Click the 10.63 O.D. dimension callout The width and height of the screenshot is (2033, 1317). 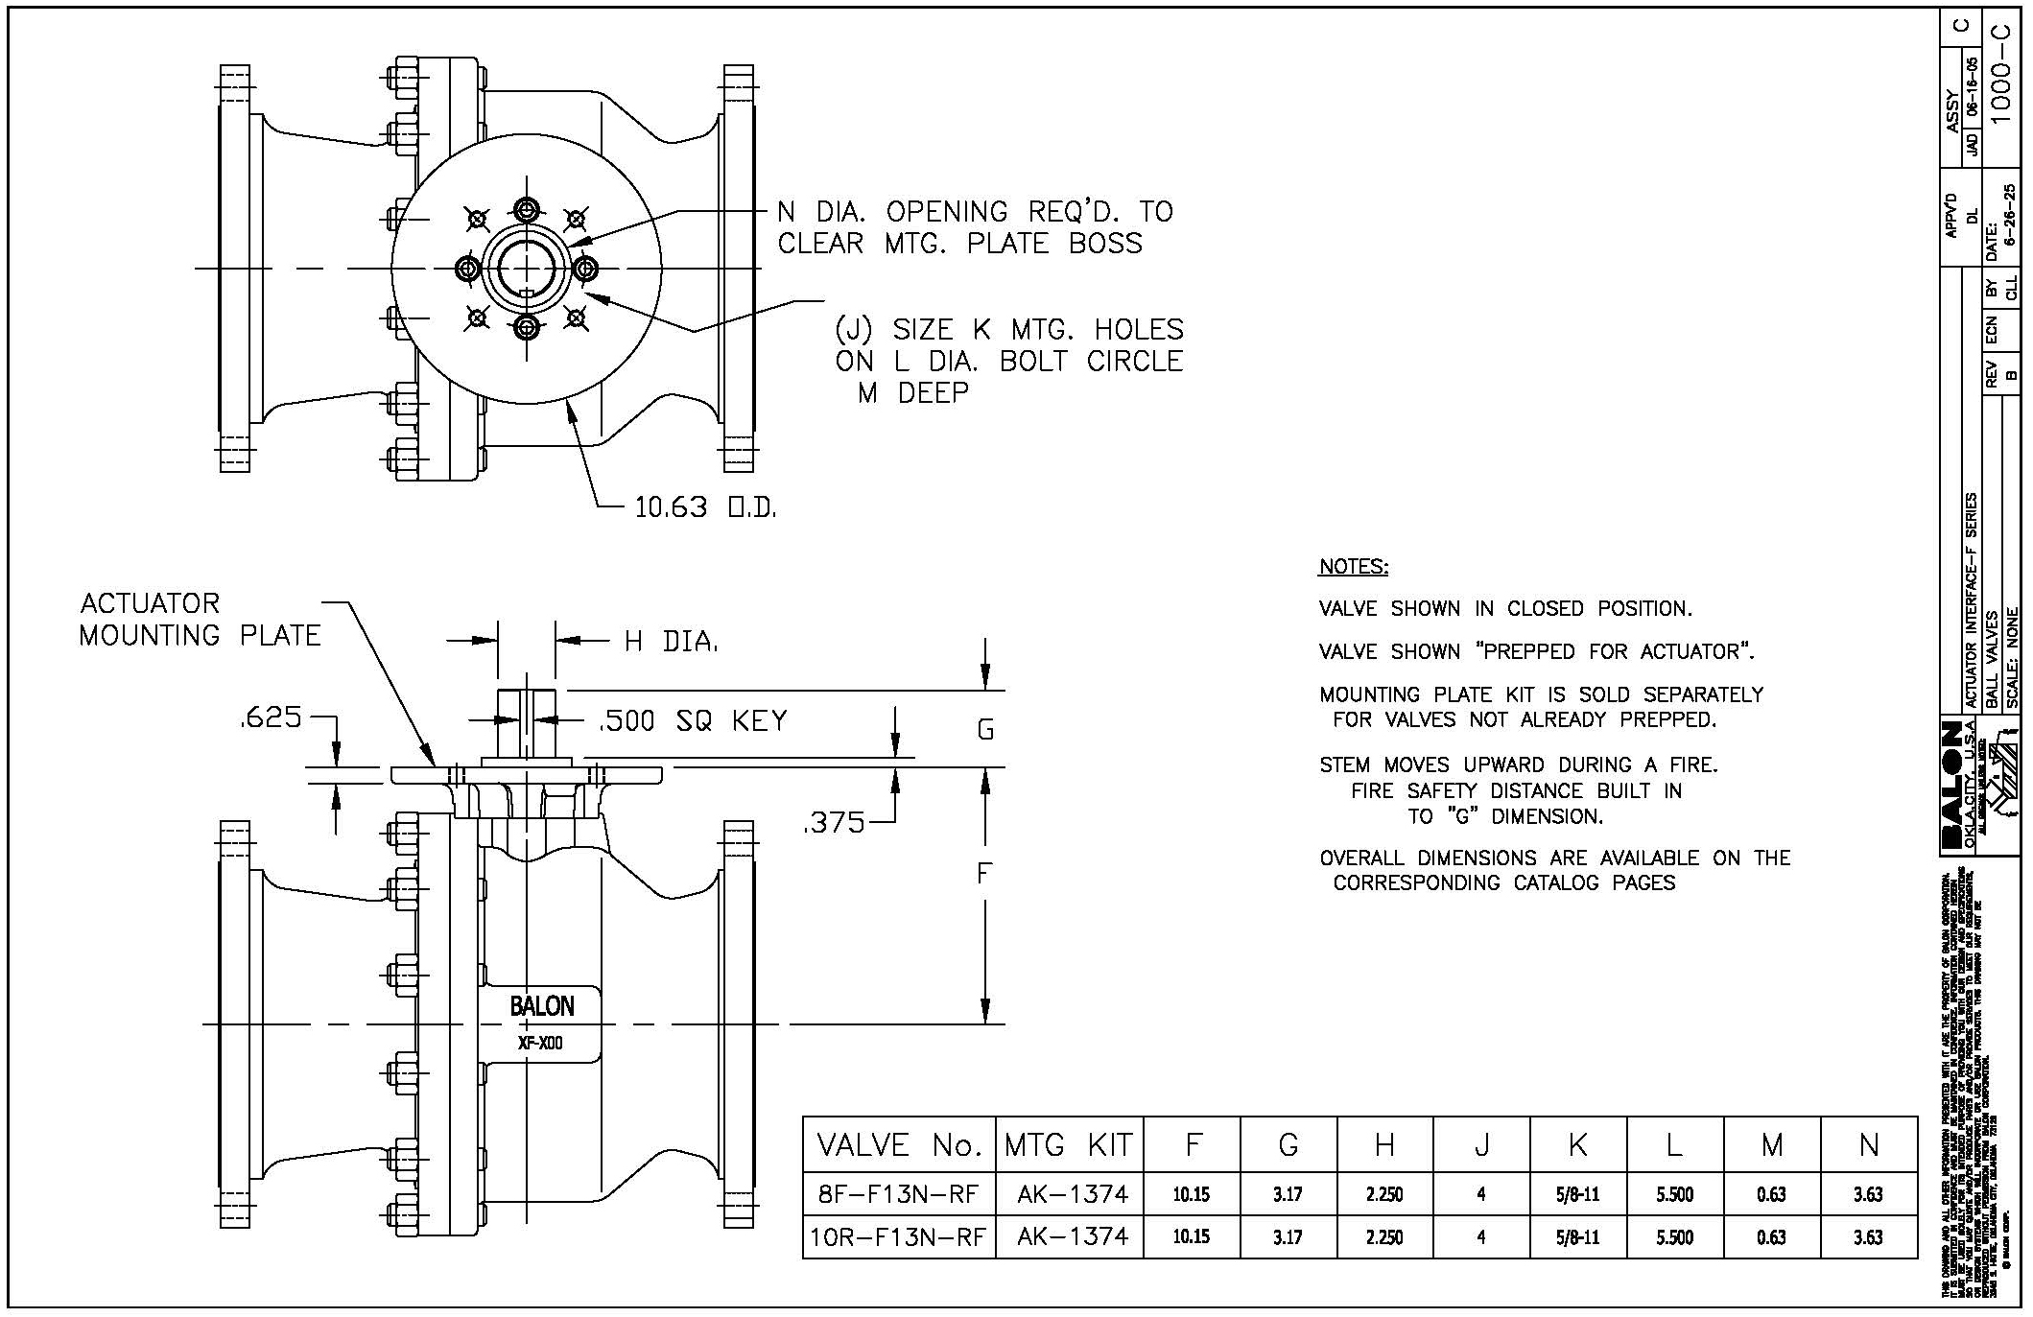pyautogui.click(x=704, y=506)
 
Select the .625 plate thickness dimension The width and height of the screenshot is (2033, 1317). pyautogui.click(x=271, y=717)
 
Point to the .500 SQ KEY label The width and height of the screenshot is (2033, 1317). pyautogui.click(x=693, y=721)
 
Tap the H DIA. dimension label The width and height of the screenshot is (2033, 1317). pyautogui.click(x=672, y=642)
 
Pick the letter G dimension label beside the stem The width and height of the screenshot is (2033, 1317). pyautogui.click(x=985, y=730)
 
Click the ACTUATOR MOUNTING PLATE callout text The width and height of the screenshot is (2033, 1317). pyautogui.click(x=200, y=620)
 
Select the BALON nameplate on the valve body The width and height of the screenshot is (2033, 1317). pyautogui.click(x=542, y=1006)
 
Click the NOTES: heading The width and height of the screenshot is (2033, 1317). pyautogui.click(x=1353, y=567)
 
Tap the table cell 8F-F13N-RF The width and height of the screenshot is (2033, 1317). pyautogui.click(x=898, y=1194)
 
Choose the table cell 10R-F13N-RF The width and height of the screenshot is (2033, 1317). pyautogui.click(x=898, y=1237)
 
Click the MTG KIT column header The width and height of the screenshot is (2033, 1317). pyautogui.click(x=1069, y=1145)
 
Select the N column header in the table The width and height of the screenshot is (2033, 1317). pyautogui.click(x=1868, y=1145)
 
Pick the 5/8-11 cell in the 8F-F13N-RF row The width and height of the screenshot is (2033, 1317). pyautogui.click(x=1577, y=1194)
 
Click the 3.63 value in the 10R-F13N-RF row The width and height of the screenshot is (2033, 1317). pyautogui.click(x=1868, y=1237)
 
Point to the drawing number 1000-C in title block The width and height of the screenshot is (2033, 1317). pyautogui.click(x=2000, y=94)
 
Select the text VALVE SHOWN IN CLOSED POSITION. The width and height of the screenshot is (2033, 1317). pyautogui.click(x=1504, y=609)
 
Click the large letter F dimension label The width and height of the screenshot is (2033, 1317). pyautogui.click(x=983, y=874)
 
